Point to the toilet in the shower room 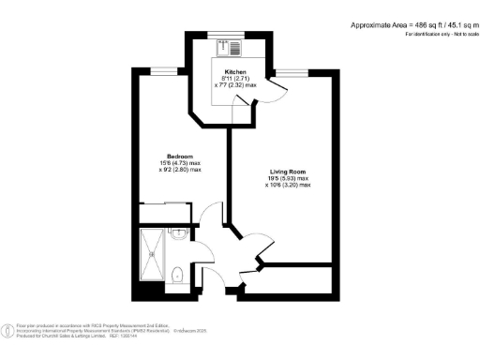coord(177,274)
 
